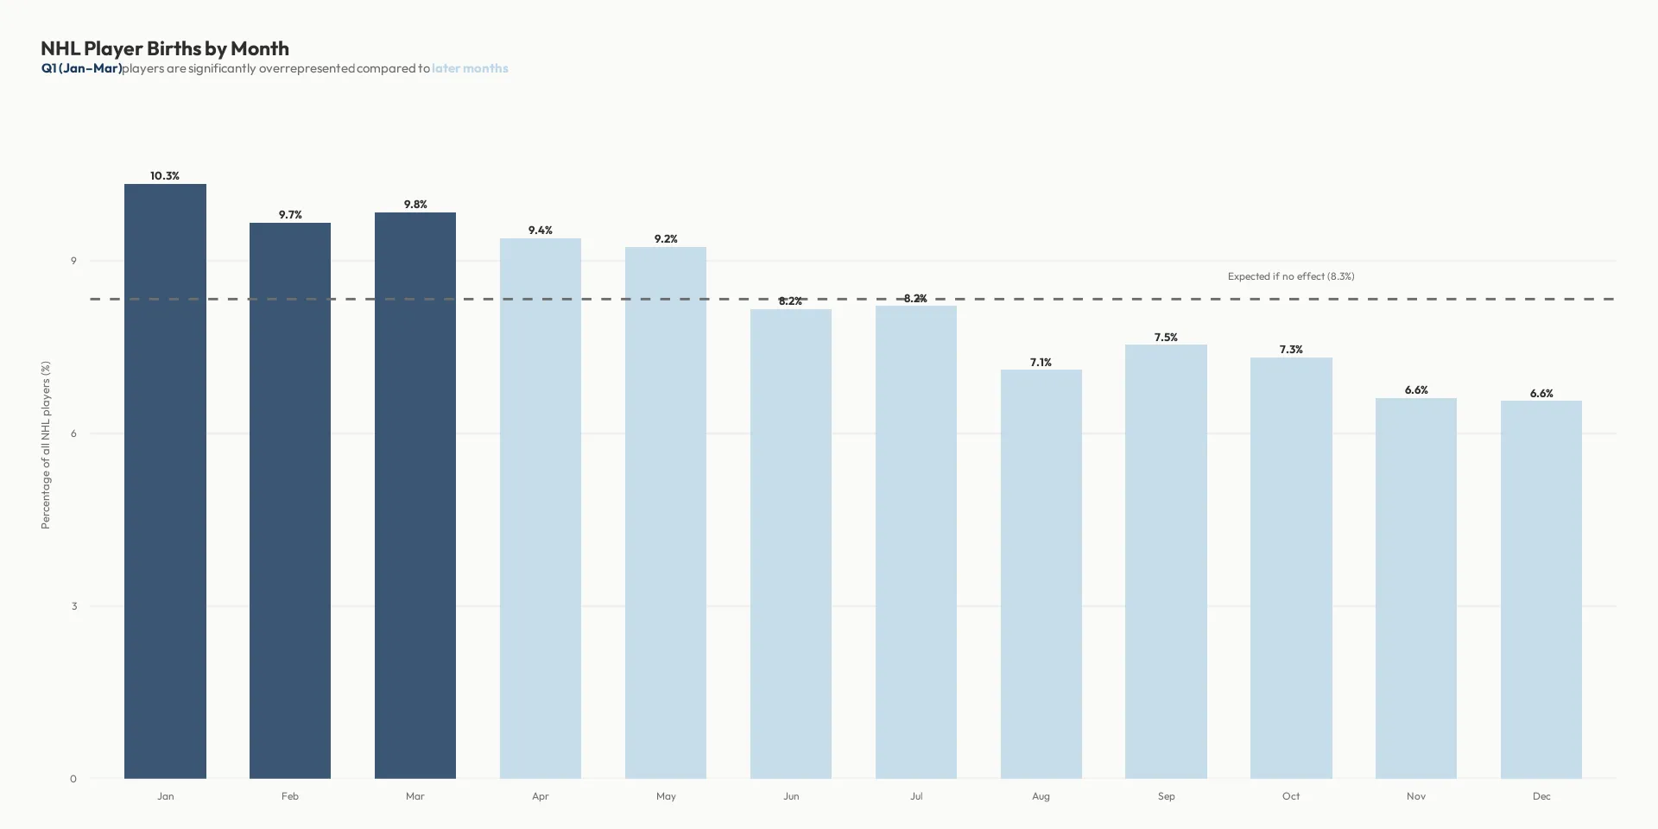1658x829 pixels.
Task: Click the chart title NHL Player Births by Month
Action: tap(165, 48)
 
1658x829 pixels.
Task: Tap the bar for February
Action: tap(290, 501)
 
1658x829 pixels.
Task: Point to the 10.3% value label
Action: tap(165, 176)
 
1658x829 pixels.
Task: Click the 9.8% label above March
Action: tap(415, 205)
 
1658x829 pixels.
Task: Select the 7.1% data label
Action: tap(1041, 363)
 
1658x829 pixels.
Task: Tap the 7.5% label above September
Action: tap(1166, 338)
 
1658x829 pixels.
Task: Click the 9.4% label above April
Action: tap(541, 231)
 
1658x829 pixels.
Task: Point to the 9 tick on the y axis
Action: tap(73, 261)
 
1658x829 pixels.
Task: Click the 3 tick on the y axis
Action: tap(73, 606)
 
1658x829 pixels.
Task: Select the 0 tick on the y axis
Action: tap(73, 779)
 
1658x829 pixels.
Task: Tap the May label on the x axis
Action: tap(666, 796)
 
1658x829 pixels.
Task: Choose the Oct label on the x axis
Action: tap(1291, 796)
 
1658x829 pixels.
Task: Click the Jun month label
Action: tap(791, 796)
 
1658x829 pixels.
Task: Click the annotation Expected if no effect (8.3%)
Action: tap(1291, 276)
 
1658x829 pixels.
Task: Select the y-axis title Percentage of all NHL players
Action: tap(46, 445)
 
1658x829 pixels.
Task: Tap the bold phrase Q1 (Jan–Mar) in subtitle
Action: tap(81, 68)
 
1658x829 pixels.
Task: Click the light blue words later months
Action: tap(470, 68)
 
